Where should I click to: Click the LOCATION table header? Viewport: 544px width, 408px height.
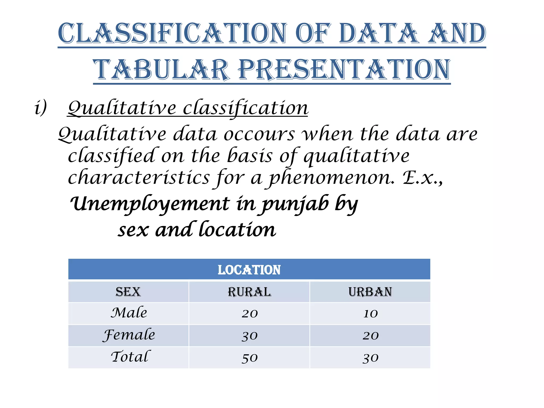tap(249, 270)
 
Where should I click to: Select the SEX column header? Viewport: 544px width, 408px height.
tap(128, 292)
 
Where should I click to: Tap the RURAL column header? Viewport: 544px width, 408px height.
tap(249, 292)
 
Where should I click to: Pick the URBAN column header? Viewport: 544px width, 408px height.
tap(370, 292)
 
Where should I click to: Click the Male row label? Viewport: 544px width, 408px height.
tap(129, 313)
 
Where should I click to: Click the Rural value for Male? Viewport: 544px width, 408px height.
tap(249, 314)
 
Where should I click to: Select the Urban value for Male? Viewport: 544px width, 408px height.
tap(370, 314)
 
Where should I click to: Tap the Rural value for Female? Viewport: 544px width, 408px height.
tap(249, 336)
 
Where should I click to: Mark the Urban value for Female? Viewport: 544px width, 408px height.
tap(370, 336)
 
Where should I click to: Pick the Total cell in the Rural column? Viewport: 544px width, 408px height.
tap(249, 358)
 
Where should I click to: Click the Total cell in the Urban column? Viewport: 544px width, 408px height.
tap(370, 358)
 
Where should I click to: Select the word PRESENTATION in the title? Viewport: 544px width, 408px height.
tap(344, 70)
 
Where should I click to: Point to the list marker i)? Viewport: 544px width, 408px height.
tap(41, 108)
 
